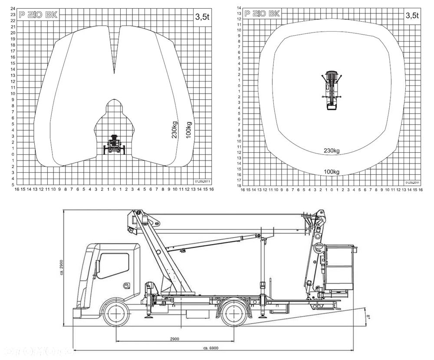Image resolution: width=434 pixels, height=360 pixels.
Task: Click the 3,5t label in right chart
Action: (x=412, y=15)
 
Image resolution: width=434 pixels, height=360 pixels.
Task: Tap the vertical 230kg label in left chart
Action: (x=174, y=129)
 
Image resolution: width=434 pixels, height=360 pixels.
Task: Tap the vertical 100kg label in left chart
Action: (x=188, y=129)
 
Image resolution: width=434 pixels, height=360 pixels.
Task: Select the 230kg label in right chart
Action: (x=332, y=151)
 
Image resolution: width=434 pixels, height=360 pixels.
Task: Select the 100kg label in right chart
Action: (x=332, y=172)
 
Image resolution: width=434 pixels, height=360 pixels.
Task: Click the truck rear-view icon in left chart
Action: (x=115, y=145)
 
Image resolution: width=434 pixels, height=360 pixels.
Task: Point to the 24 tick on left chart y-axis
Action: (x=13, y=9)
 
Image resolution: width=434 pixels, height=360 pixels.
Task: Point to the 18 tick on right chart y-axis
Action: (x=239, y=186)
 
